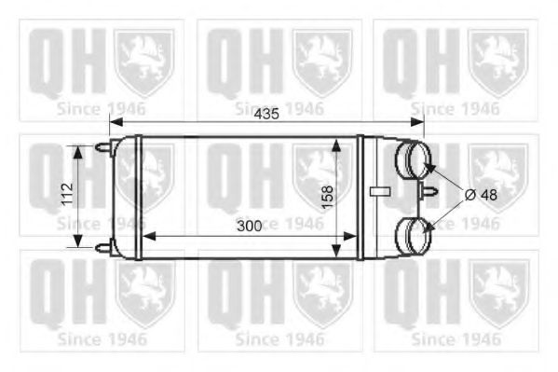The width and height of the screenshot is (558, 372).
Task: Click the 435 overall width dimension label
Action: pos(265,115)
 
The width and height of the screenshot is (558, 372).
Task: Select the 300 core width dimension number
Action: pos(249,227)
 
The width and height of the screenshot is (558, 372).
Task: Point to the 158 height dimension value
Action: pos(327,197)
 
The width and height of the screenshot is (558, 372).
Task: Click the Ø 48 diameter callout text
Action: pos(481,194)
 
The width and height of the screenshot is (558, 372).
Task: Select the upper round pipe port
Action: pos(412,159)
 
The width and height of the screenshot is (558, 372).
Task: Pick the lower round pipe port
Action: pos(411,233)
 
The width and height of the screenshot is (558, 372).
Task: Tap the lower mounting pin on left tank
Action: pos(102,247)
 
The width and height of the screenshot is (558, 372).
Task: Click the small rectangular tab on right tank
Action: pos(378,192)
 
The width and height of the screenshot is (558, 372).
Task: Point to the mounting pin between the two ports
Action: pos(429,193)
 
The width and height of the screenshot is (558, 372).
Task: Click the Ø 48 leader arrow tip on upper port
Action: pos(430,166)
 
